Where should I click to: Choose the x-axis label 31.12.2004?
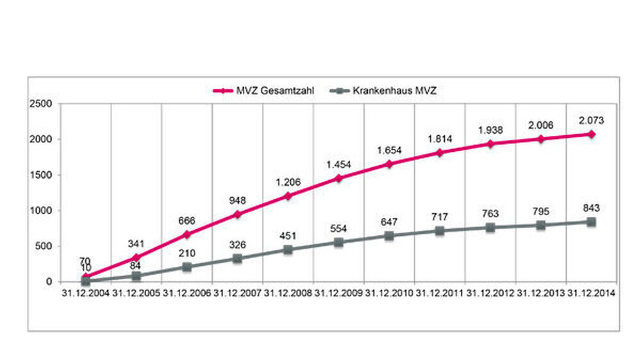tap(85, 293)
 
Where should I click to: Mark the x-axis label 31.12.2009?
tap(338, 293)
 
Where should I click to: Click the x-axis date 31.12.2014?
tap(591, 293)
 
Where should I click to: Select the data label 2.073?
tap(591, 120)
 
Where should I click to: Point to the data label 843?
tap(591, 208)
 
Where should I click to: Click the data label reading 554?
tap(338, 229)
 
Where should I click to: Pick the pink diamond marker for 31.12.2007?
tap(237, 215)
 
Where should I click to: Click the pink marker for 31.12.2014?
tap(591, 134)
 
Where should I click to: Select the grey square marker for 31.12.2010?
tap(389, 236)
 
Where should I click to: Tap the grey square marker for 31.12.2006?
tap(187, 266)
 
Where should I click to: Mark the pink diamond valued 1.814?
tap(440, 152)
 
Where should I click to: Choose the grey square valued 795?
tap(540, 225)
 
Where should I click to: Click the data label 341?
tap(136, 243)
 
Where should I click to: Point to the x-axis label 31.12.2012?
tap(490, 293)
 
